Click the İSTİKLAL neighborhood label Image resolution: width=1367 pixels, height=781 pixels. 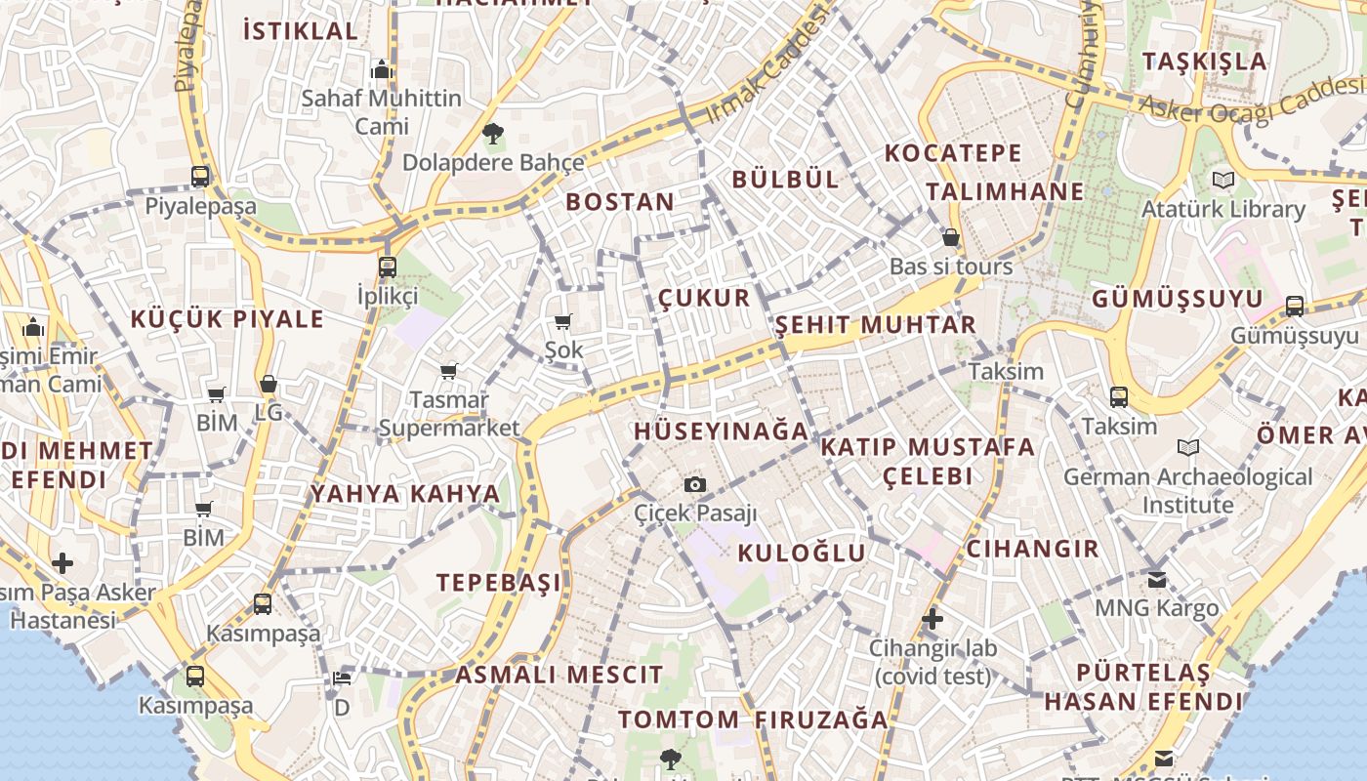301,30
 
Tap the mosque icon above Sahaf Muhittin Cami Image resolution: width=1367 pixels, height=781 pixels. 381,69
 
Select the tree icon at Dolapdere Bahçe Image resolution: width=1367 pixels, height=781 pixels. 493,133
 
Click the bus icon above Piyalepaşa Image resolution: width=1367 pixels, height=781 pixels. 200,177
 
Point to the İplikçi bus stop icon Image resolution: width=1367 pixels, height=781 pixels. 388,267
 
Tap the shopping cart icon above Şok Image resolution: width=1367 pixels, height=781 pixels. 563,321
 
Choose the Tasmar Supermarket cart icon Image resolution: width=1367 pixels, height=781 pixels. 449,371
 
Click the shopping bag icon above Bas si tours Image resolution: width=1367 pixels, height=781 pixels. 951,237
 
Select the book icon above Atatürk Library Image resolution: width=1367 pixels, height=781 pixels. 1222,180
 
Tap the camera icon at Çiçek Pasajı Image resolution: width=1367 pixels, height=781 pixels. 695,484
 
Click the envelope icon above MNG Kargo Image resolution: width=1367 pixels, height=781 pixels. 1157,580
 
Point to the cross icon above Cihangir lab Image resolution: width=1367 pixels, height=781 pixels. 932,619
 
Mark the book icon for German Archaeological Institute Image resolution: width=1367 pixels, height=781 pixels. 1188,448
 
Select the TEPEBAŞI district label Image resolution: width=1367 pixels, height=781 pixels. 499,583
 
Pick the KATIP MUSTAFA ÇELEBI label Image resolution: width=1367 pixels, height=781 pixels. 928,461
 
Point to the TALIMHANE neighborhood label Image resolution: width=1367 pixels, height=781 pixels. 1005,191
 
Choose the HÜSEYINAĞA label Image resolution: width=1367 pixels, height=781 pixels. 722,431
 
